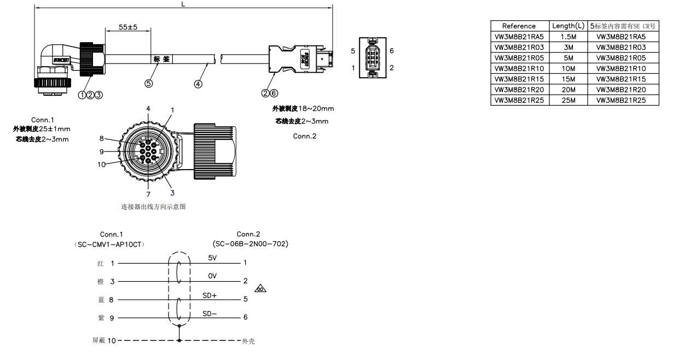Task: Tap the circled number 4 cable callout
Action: click(198, 84)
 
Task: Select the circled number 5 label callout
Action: click(148, 83)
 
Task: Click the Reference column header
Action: click(519, 26)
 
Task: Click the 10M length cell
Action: click(568, 68)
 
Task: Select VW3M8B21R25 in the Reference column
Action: click(519, 100)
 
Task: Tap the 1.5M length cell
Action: click(568, 37)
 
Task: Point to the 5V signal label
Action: click(212, 258)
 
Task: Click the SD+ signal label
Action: click(210, 295)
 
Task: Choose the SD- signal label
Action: click(210, 313)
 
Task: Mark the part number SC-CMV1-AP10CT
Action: click(112, 244)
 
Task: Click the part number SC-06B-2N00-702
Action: click(250, 243)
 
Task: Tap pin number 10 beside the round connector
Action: click(101, 165)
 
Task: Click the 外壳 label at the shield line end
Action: click(248, 341)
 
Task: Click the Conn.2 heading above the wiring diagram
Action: click(248, 234)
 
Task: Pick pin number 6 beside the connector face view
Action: click(392, 51)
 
